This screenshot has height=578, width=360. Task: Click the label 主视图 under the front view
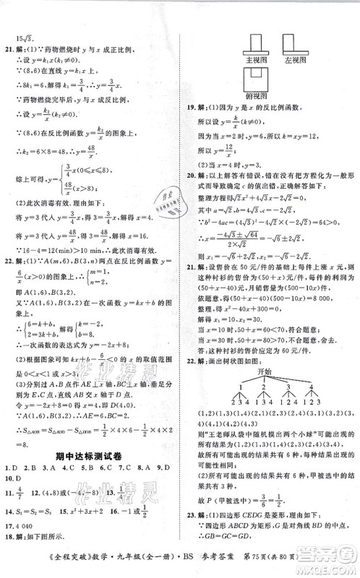[257, 61]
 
